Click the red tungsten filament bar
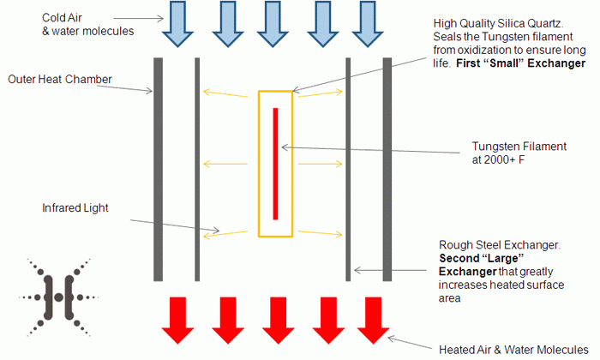275,163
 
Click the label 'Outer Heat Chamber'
60,80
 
